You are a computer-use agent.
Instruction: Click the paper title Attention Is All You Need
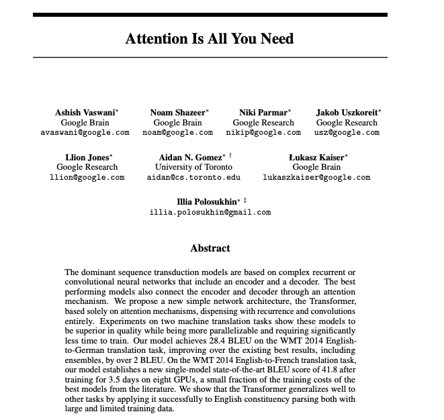(x=209, y=38)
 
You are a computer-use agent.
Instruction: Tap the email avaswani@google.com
(x=85, y=133)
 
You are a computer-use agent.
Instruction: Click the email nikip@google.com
(x=263, y=133)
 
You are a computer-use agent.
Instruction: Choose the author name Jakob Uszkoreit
(x=346, y=113)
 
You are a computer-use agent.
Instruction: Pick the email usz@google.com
(x=347, y=133)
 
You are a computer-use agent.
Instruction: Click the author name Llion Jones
(x=85, y=157)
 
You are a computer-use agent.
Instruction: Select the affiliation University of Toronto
(x=193, y=167)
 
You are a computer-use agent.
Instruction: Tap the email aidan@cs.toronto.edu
(x=193, y=177)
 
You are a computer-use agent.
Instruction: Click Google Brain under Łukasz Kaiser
(x=316, y=167)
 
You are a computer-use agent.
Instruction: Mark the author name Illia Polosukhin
(x=206, y=202)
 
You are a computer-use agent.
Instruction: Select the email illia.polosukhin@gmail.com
(x=210, y=212)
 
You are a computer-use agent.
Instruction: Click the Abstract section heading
(x=210, y=248)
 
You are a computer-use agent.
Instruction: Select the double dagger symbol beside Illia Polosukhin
(x=245, y=200)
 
